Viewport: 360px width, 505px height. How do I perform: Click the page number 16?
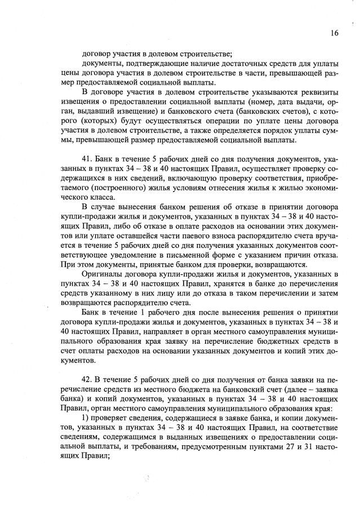[335, 33]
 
